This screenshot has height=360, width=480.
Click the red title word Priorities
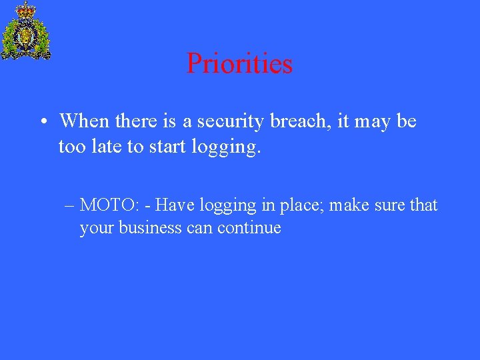[x=239, y=64]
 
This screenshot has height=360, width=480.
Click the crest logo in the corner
[x=26, y=32]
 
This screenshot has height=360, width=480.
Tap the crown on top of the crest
[x=26, y=9]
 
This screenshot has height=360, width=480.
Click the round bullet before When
[x=42, y=122]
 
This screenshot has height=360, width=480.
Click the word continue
[x=252, y=228]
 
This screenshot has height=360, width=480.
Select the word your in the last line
[x=96, y=229]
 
